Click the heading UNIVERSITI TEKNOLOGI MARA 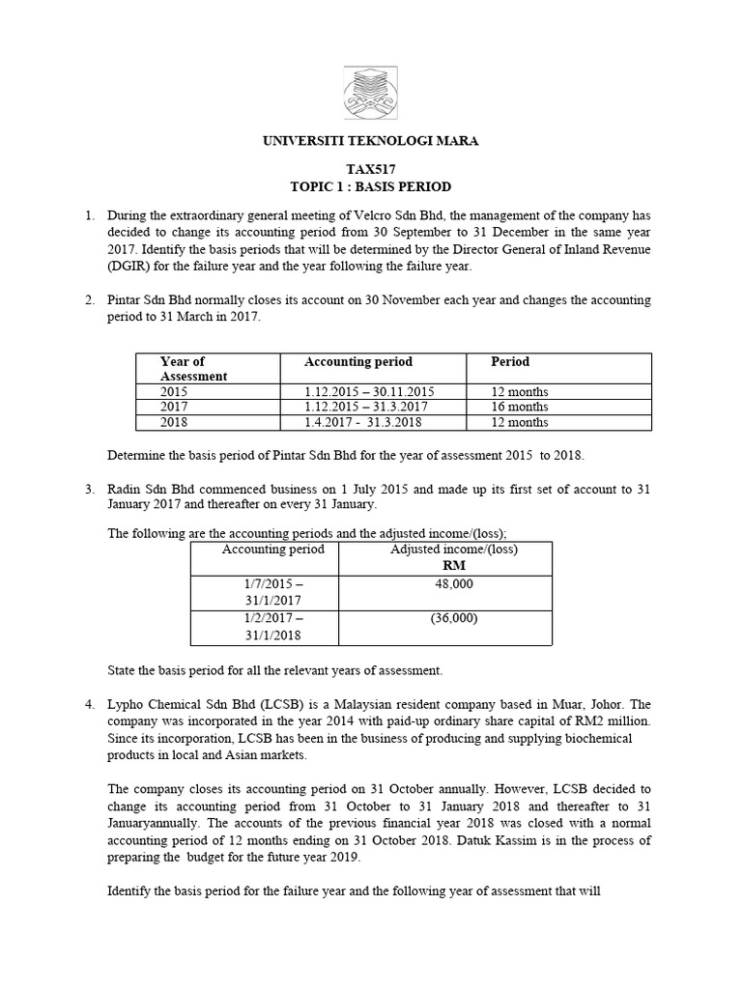coord(371,141)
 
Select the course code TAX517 coord(371,168)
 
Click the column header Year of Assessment coord(193,369)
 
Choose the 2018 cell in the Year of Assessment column coord(175,422)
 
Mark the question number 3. coord(88,490)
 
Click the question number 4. coord(88,704)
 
